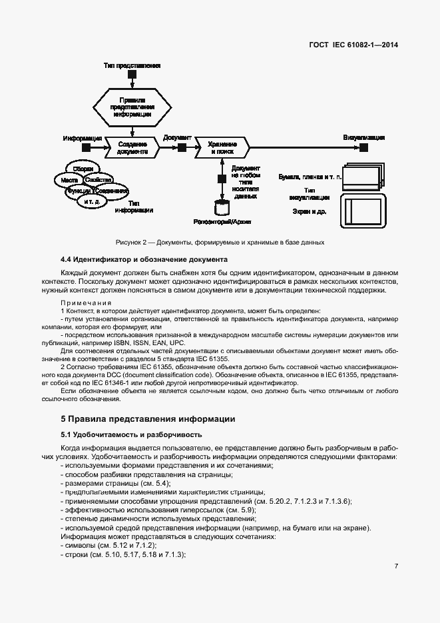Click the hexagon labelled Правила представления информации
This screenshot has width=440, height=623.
(132, 107)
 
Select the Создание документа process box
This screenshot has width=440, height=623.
(132, 147)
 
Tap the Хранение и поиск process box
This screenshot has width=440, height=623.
(221, 147)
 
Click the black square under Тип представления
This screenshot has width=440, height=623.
(132, 75)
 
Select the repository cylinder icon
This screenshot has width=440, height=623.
(220, 207)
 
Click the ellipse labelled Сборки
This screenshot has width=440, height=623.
(83, 169)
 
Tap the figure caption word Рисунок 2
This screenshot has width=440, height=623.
(132, 242)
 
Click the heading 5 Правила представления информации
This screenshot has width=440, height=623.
(148, 419)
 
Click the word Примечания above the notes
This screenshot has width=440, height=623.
(83, 303)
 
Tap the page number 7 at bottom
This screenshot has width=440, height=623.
(396, 566)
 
